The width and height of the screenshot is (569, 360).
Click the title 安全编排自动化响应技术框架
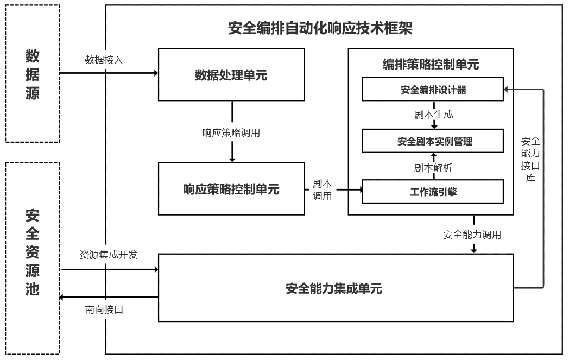(x=320, y=28)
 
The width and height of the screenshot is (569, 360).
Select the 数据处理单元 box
(x=231, y=75)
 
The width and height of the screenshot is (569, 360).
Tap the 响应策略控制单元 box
(x=231, y=189)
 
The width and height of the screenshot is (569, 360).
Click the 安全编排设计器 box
(x=433, y=90)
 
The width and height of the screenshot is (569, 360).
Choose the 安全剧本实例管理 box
(x=433, y=141)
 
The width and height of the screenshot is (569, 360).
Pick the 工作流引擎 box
(x=433, y=192)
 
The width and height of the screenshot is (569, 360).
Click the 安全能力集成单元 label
(x=334, y=288)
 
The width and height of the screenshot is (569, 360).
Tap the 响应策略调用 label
(x=231, y=132)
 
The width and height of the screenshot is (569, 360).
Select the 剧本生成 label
(x=433, y=115)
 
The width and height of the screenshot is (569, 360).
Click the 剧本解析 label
(x=433, y=168)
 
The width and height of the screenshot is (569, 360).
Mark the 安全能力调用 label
(x=472, y=235)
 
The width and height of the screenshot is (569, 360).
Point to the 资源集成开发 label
(x=109, y=254)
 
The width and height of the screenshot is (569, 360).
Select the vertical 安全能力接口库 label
(x=530, y=159)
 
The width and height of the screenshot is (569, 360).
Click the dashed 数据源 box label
(x=32, y=74)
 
